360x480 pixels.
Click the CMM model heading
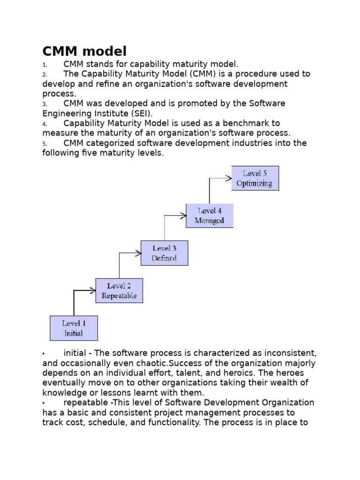coord(84,50)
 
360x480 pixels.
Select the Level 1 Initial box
coord(74,328)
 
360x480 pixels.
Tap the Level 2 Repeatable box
coord(119,291)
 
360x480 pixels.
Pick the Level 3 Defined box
coord(164,253)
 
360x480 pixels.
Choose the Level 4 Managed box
coord(209,216)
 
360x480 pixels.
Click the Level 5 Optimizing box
coord(255,178)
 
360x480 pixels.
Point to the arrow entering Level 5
coord(220,178)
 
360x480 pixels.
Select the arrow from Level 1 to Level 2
coord(84,291)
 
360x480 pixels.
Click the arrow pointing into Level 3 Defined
coord(130,254)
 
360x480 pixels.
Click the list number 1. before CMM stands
coord(45,64)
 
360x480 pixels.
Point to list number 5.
coord(45,143)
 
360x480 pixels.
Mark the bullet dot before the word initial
coord(44,353)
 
